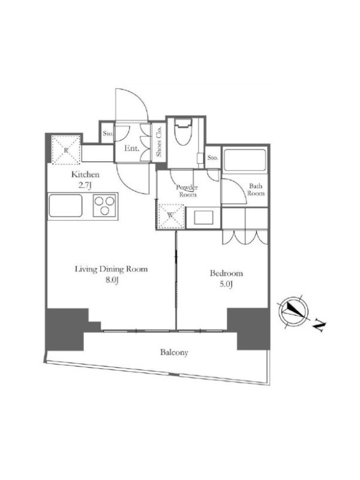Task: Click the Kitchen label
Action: coord(85,175)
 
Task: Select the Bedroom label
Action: coord(226,273)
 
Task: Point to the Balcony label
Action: coord(174,352)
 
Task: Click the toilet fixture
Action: coord(183,131)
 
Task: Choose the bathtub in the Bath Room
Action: coord(245,160)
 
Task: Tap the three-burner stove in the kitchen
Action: coord(104,206)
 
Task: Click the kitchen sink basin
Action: coord(65,206)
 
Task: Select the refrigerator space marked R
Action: coord(66,149)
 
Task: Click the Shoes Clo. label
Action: coord(159,142)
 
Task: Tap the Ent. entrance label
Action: coord(131,149)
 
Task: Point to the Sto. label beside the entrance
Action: coord(107,134)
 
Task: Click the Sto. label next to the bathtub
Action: coord(213,158)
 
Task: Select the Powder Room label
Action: coord(187,191)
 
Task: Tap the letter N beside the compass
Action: coord(320,326)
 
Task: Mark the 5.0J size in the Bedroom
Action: coord(226,284)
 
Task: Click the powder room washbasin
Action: coord(202,218)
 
